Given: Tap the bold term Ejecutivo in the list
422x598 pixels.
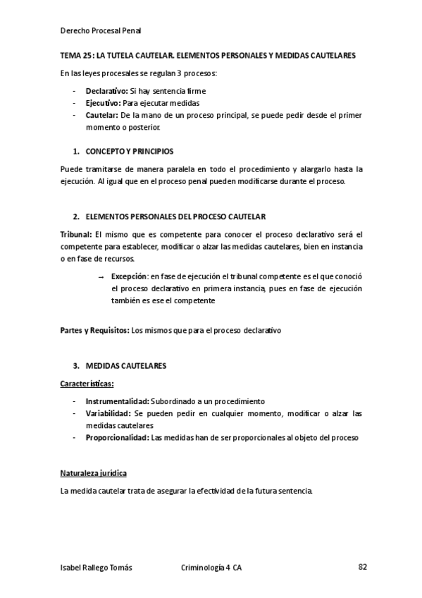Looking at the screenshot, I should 103,102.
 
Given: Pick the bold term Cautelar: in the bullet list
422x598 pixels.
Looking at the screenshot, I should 101,114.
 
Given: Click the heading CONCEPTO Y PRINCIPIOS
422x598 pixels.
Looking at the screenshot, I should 130,152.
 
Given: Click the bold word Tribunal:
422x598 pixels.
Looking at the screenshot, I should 76,234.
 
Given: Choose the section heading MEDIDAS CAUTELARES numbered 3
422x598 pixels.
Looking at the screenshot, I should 126,366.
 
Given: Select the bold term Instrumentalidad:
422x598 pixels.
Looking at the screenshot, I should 118,401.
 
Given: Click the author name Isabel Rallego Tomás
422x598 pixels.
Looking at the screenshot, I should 97,568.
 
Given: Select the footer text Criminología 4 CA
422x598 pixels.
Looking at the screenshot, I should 212,568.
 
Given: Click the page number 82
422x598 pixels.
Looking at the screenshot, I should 362,567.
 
